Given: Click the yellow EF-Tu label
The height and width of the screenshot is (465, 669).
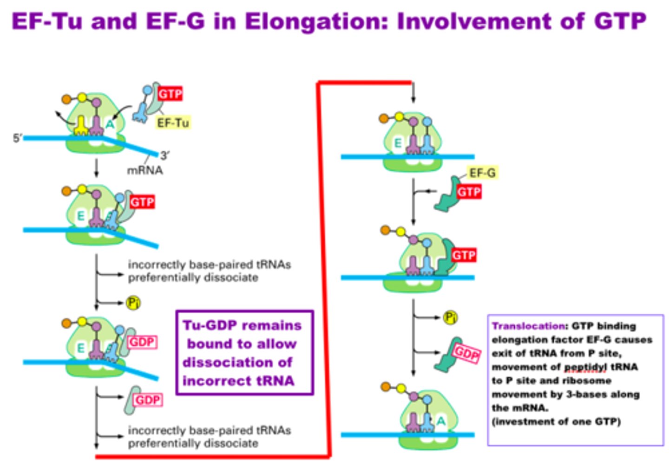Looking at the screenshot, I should (173, 123).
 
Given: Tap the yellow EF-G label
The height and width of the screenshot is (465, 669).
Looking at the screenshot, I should (482, 173).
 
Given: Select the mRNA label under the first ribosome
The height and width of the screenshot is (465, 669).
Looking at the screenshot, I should (145, 170).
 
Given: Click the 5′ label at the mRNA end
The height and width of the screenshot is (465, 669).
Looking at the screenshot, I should (18, 138).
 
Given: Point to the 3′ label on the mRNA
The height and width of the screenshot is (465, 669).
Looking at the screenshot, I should (164, 155).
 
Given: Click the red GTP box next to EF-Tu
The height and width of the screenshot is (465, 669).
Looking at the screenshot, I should (170, 94).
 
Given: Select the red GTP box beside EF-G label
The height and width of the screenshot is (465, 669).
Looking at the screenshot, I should (469, 192).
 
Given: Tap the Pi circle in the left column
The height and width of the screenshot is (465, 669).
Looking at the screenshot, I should (133, 303).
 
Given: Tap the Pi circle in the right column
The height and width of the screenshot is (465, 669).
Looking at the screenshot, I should (450, 317).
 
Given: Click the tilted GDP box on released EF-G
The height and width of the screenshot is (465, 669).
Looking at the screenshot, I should (466, 354).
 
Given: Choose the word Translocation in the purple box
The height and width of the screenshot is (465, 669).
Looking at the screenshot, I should (529, 326).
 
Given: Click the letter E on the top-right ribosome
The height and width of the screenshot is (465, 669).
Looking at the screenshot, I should (398, 143).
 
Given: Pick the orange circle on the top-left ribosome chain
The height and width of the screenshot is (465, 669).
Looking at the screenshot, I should (66, 99).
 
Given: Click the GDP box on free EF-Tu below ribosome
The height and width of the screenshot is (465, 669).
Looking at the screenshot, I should (148, 400).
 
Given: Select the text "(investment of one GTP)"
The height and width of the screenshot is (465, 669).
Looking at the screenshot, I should (556, 421).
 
